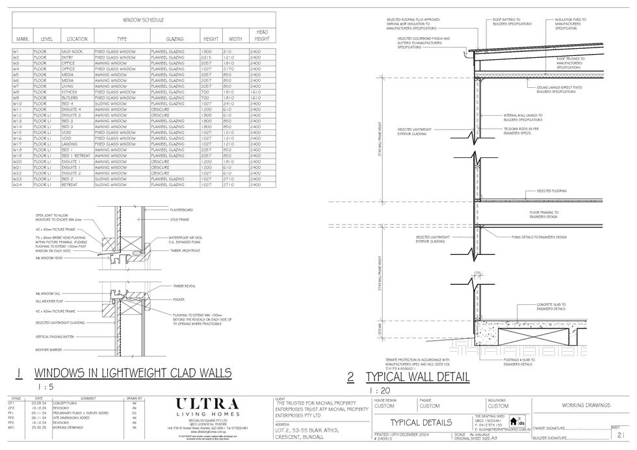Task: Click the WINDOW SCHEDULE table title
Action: click(144, 21)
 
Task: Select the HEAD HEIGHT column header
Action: click(262, 35)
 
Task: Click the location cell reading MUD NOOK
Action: click(73, 50)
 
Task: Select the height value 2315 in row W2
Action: click(207, 56)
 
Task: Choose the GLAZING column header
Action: click(175, 39)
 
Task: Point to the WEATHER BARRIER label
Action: click(48, 349)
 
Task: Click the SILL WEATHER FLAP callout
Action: click(49, 301)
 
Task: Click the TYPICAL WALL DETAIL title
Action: click(417, 377)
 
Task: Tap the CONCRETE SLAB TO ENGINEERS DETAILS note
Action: click(551, 306)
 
